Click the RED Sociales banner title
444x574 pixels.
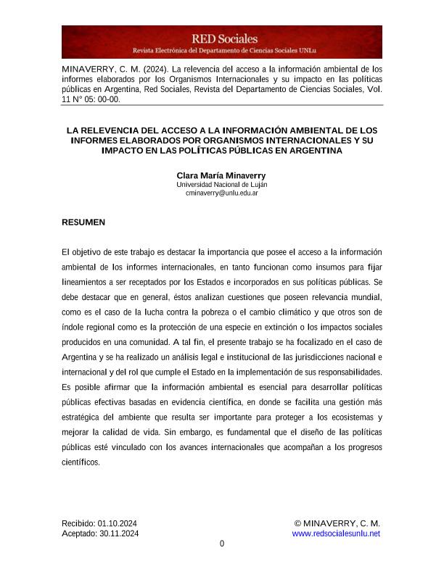[x=224, y=38]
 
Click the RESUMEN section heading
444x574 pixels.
[x=84, y=222]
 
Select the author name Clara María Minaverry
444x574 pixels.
[x=222, y=175]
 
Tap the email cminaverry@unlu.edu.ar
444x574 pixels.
[x=222, y=194]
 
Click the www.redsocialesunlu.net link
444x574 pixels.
[x=336, y=533]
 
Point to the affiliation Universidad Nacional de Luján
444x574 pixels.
[x=222, y=185]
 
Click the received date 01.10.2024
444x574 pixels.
[x=118, y=523]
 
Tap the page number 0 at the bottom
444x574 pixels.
[x=222, y=544]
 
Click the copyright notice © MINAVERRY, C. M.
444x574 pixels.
[x=337, y=523]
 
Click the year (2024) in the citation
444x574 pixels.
[x=149, y=70]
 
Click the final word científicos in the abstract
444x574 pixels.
[x=81, y=462]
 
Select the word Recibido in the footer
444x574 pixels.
[x=78, y=523]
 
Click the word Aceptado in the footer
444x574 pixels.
[x=79, y=533]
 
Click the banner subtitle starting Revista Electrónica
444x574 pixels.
[x=224, y=51]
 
